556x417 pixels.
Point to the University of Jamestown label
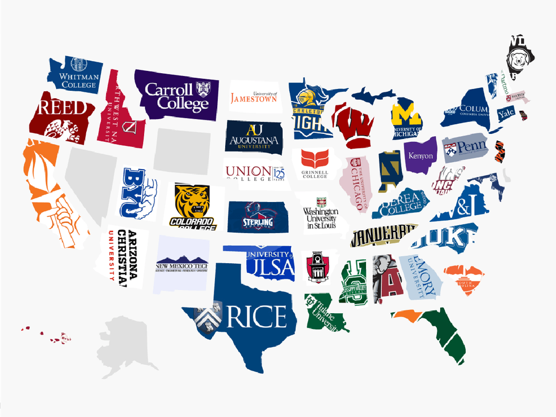(254, 98)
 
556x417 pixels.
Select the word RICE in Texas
(256, 316)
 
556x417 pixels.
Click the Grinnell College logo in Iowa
(314, 165)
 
